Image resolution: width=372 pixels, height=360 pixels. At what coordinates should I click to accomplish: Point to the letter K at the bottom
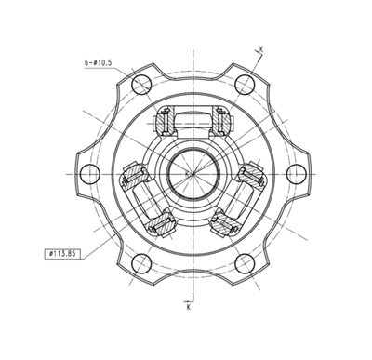[x=188, y=305]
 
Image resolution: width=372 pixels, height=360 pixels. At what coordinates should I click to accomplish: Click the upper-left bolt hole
[x=141, y=84]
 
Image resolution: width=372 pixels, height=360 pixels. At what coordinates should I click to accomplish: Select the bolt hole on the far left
[x=89, y=173]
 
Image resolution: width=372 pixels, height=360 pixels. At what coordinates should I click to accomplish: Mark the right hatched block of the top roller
[x=221, y=120]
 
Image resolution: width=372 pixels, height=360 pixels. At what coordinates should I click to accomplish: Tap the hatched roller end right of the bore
[x=250, y=173]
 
